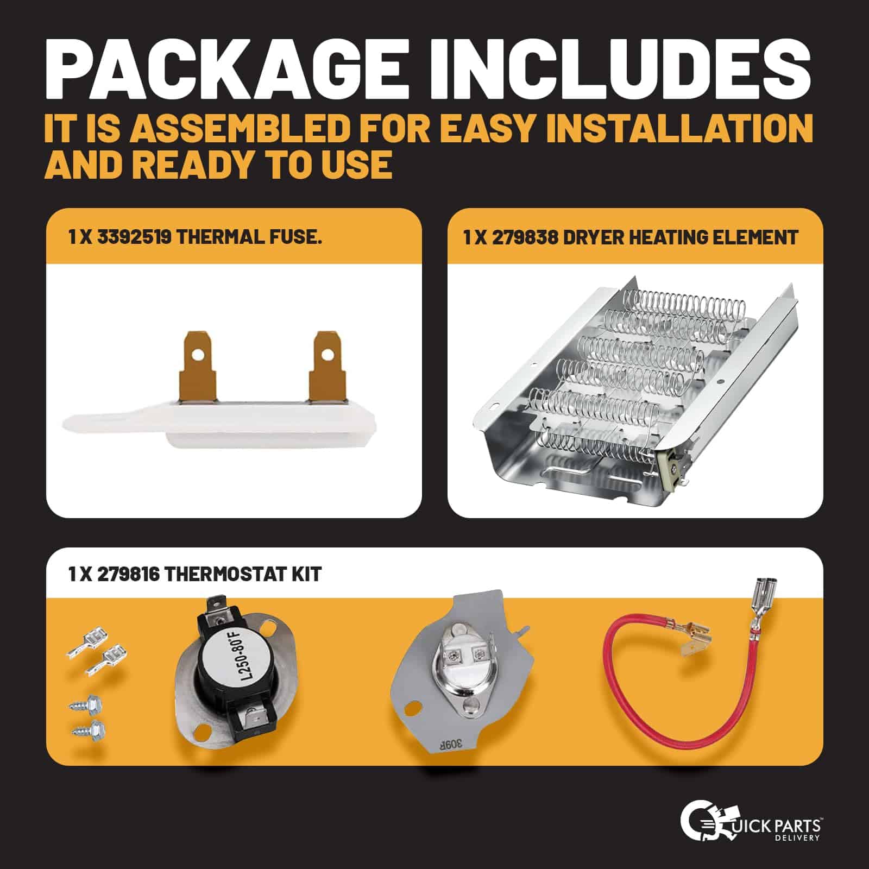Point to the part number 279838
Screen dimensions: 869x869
pyautogui.click(x=525, y=237)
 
